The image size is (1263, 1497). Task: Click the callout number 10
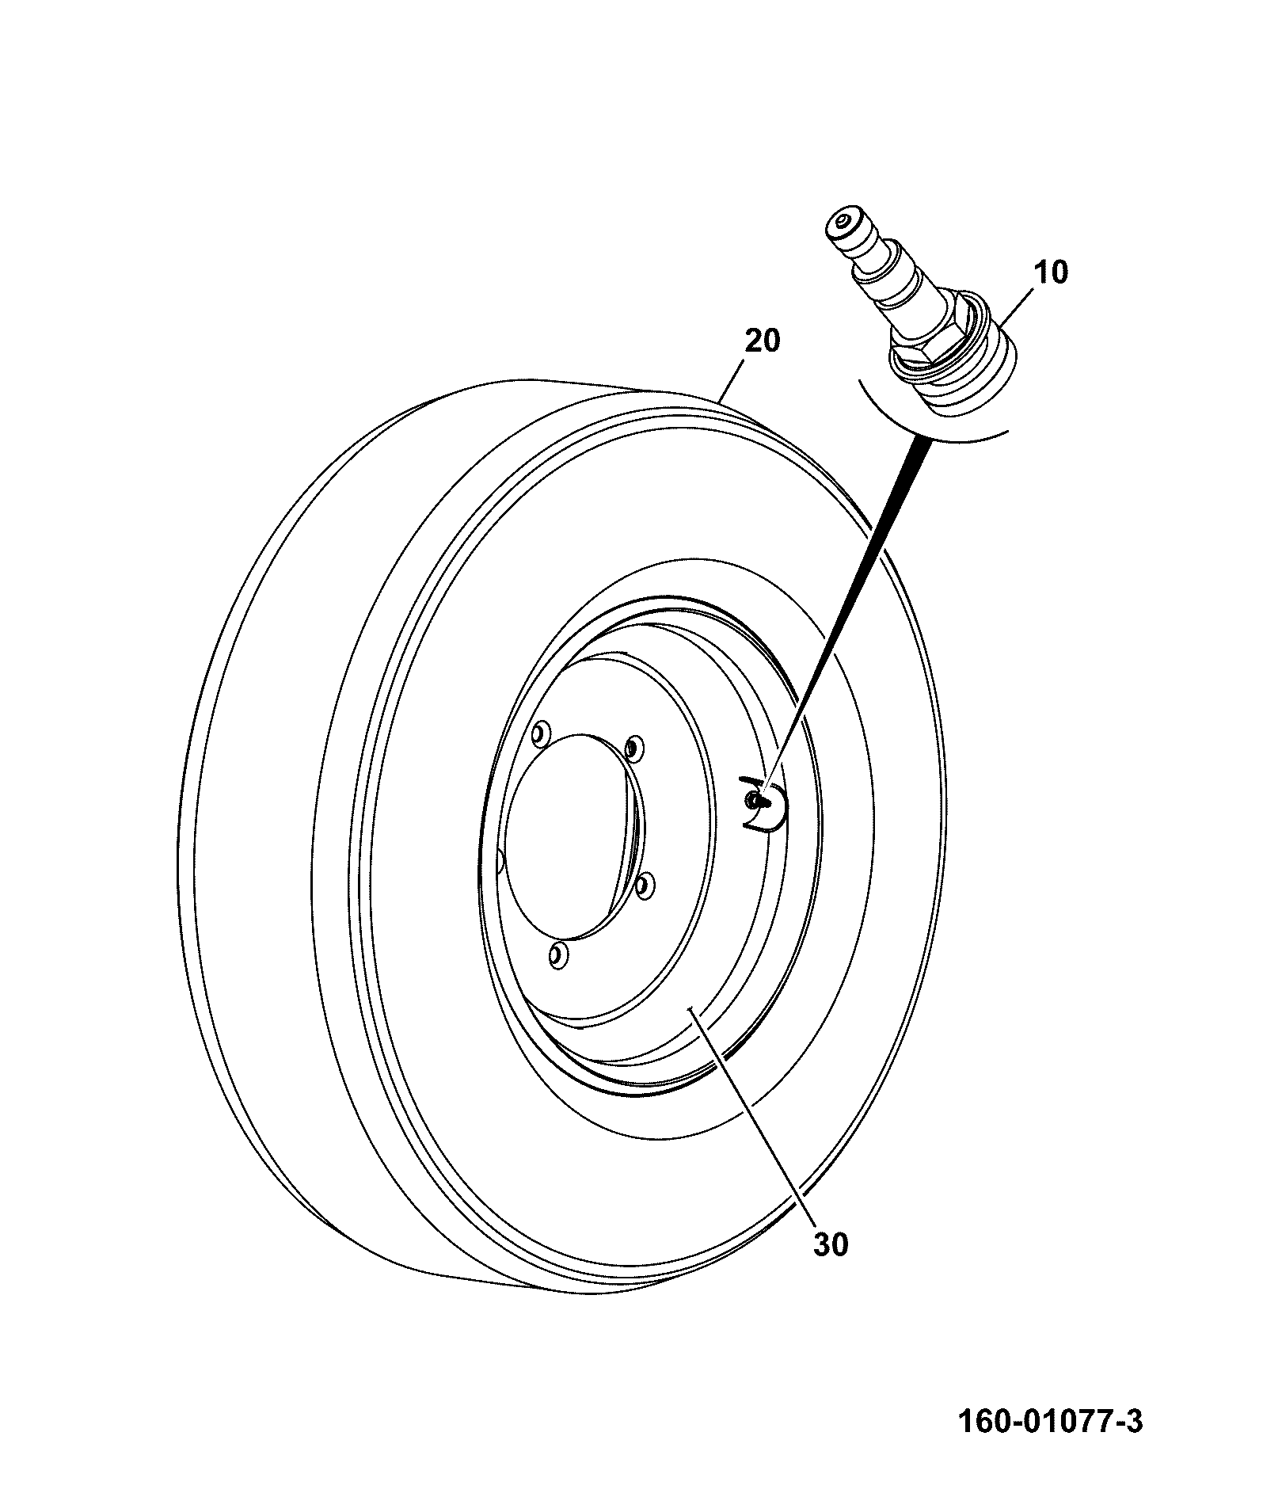coord(1050,272)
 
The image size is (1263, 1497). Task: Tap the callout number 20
coord(762,341)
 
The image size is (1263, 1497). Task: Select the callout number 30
coord(831,1244)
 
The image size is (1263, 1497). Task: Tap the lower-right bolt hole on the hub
coord(645,886)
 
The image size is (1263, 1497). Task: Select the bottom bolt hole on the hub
coord(558,955)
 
